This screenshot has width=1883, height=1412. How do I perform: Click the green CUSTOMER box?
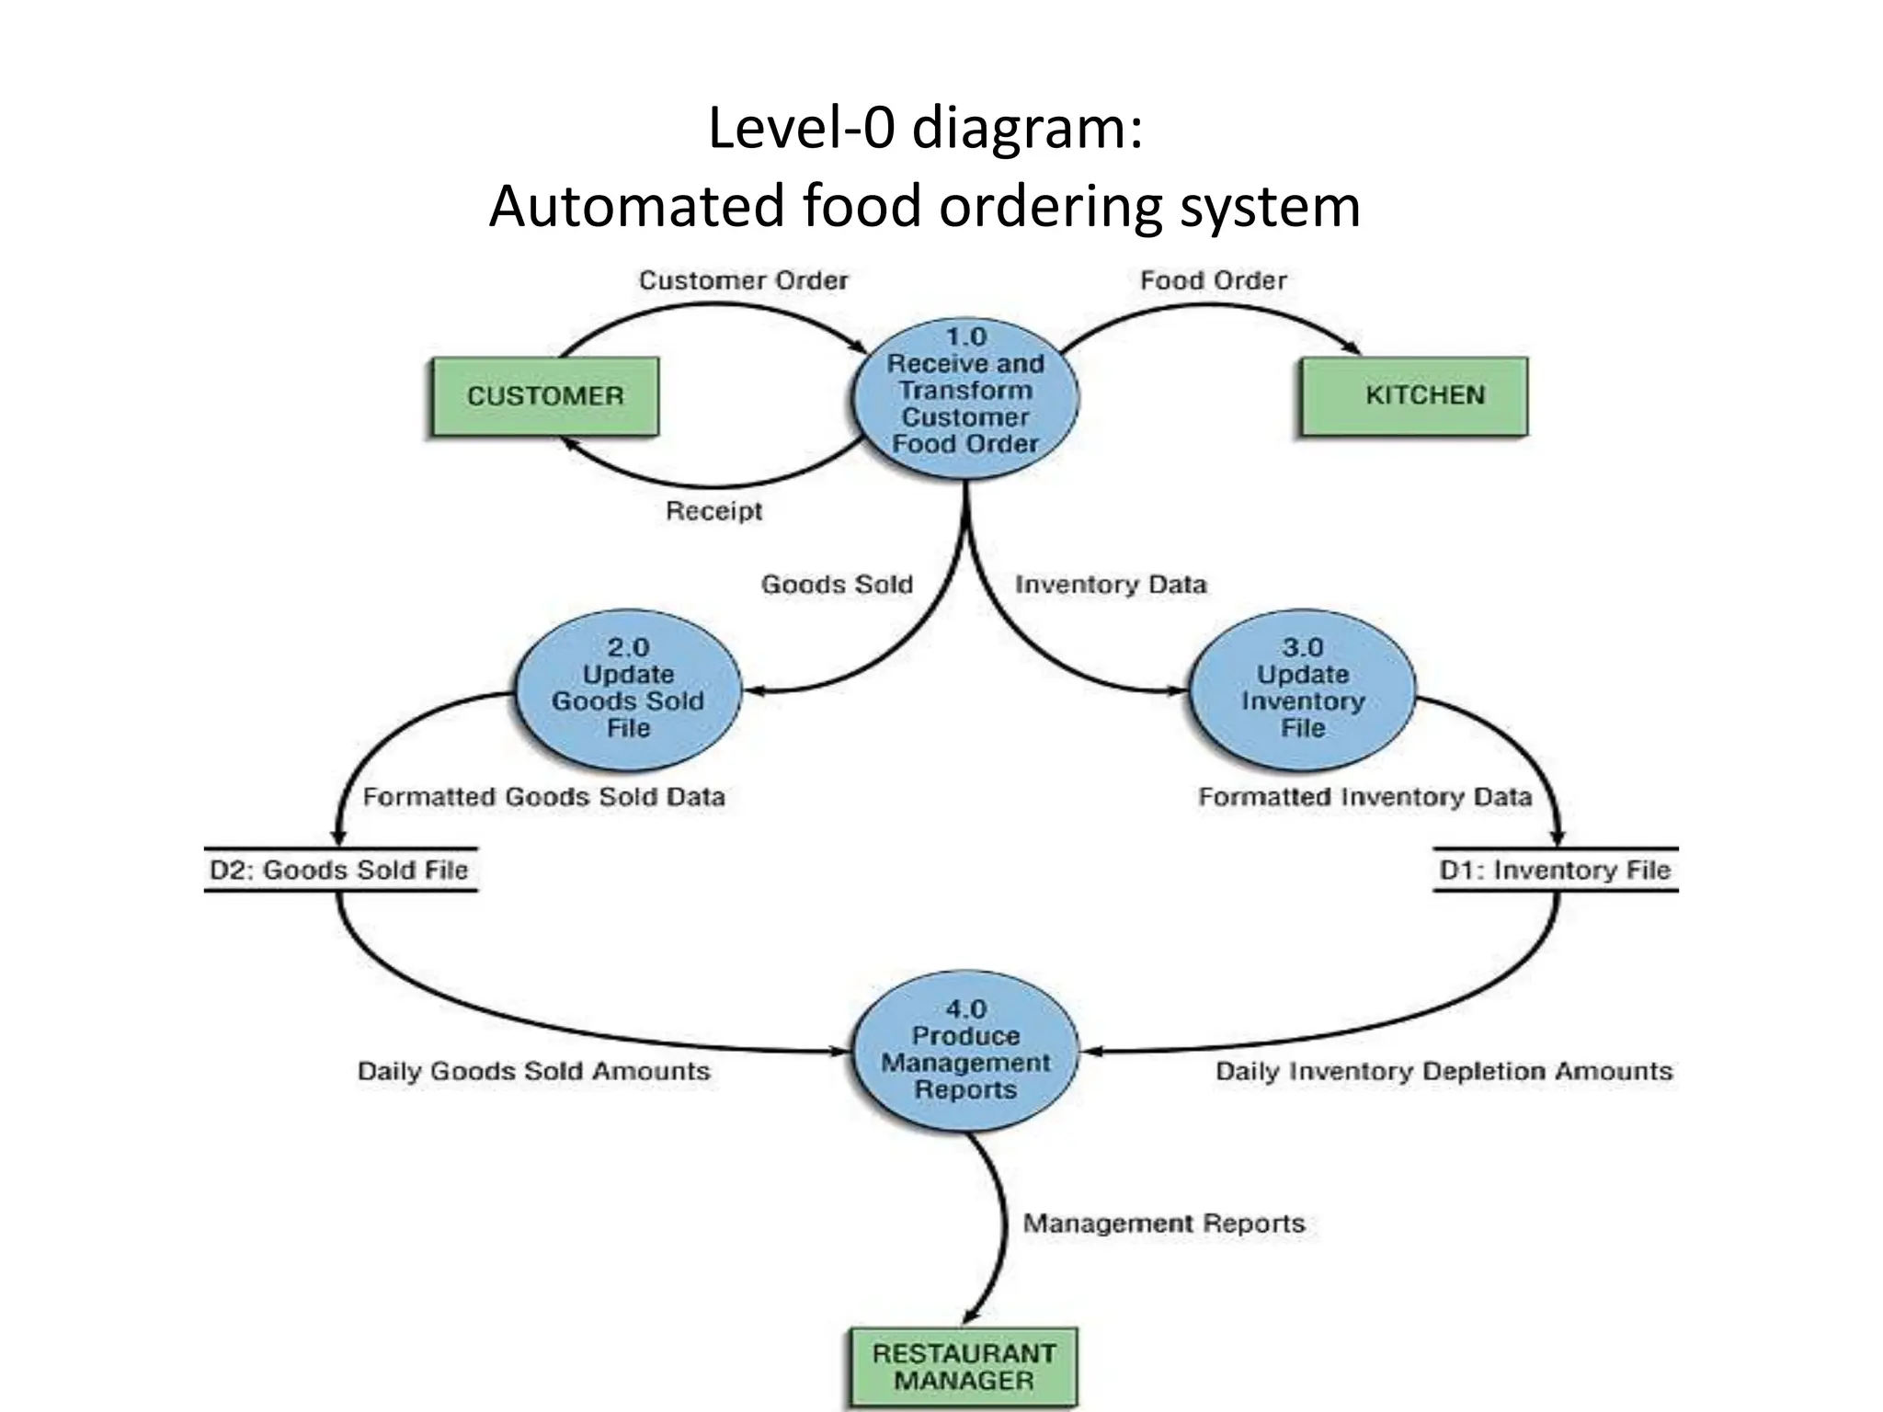(x=544, y=396)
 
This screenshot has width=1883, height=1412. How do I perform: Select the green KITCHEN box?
(x=1413, y=396)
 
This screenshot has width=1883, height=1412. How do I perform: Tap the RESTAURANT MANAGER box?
(x=963, y=1367)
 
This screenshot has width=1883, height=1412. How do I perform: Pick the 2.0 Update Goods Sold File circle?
(x=628, y=689)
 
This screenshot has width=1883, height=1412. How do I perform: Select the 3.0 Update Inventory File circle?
(x=1303, y=689)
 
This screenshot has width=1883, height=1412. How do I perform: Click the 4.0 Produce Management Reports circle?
(x=965, y=1051)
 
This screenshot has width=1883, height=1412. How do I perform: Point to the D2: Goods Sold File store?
(x=339, y=870)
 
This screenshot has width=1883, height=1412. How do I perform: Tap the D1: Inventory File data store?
(x=1555, y=870)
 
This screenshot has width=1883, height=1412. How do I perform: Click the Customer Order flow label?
(x=743, y=280)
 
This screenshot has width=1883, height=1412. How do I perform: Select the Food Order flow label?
(x=1213, y=280)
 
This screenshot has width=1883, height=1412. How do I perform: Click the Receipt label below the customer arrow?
(x=713, y=511)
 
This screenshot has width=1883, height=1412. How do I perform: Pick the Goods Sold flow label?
(x=837, y=585)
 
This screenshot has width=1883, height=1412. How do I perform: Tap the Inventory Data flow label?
(x=1111, y=585)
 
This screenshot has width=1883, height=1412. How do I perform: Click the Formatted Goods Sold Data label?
(x=543, y=797)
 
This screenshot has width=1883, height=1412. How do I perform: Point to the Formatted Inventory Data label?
(x=1364, y=797)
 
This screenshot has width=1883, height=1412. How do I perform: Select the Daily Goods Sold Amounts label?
(x=533, y=1072)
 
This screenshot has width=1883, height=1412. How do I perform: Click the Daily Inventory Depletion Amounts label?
(x=1444, y=1072)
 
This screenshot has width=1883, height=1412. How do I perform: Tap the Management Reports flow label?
(x=1164, y=1224)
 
